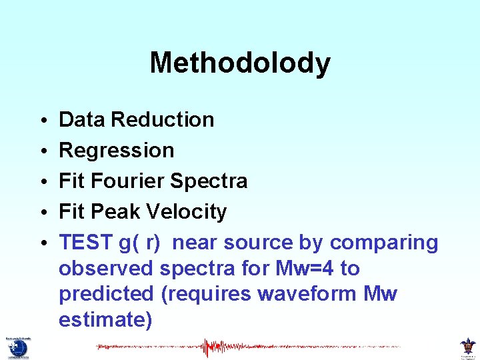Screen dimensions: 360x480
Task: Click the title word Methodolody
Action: (x=240, y=63)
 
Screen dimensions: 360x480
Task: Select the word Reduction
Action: (x=163, y=120)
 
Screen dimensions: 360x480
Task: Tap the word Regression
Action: (x=117, y=151)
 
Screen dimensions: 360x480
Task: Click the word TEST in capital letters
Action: (x=83, y=243)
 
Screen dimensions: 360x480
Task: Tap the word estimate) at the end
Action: (x=105, y=320)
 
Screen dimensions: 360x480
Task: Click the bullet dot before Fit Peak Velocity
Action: (x=42, y=213)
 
